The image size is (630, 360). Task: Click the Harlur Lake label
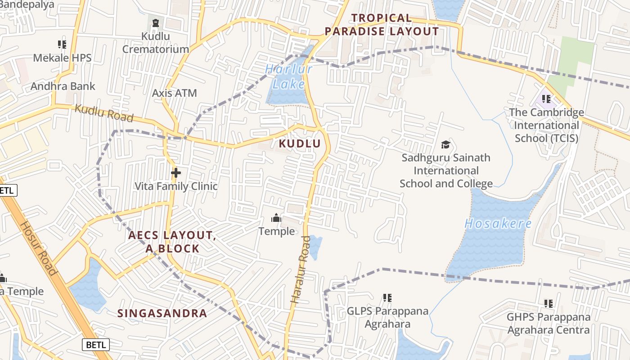288,76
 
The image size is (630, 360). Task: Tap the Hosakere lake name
498,224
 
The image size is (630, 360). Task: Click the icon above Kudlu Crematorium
156,22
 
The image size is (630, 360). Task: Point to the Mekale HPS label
62,58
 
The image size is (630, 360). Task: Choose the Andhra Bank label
63,86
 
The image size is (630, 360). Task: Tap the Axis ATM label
175,93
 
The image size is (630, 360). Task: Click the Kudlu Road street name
104,113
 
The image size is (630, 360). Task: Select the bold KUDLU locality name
300,144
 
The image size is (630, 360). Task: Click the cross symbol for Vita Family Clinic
176,172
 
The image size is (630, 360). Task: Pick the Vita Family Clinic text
176,186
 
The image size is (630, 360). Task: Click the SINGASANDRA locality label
162,313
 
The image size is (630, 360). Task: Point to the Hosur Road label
39,248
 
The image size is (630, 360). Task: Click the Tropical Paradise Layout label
382,25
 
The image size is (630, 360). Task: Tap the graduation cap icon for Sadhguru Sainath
445,144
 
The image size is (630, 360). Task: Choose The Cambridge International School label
546,125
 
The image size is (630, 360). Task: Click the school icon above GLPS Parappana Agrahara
387,297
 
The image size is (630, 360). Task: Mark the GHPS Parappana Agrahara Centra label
548,323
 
